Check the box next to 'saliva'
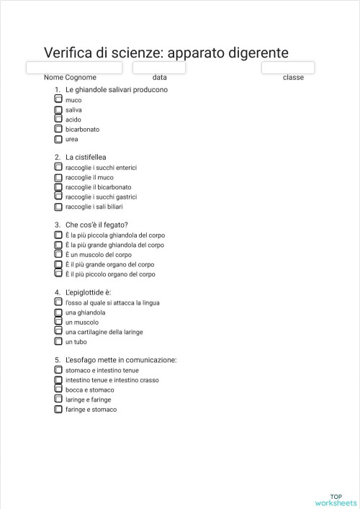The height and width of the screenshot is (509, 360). point(58,110)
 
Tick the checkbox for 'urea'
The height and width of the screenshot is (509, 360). point(58,139)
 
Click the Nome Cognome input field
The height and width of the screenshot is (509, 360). point(74,68)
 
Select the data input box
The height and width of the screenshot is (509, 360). point(159,68)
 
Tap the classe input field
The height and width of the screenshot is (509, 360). point(288,68)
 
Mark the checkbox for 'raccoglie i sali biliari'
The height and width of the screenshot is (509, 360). point(58,206)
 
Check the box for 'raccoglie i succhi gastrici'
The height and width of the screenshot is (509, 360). point(58,197)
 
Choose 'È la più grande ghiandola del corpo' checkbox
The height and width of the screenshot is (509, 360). point(58,245)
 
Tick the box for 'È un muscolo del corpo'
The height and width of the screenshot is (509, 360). point(58,255)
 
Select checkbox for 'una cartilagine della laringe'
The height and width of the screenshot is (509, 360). point(58,332)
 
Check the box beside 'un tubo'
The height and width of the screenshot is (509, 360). point(58,342)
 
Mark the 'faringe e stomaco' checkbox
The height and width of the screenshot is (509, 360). point(58,409)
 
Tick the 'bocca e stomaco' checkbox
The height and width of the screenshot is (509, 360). point(58,389)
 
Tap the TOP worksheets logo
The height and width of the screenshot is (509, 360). point(336,500)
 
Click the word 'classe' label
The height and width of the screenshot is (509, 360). point(293,77)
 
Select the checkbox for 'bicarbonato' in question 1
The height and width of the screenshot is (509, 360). point(58,130)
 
